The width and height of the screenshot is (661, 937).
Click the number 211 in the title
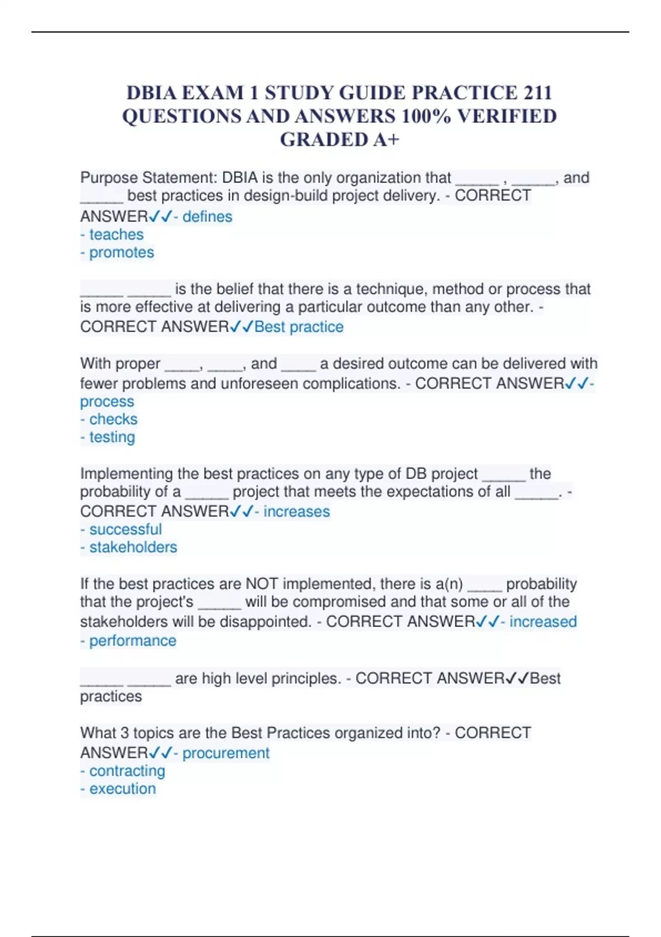pos(538,93)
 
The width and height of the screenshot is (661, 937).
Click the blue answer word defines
pos(207,217)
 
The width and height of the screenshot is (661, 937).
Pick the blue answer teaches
pos(116,235)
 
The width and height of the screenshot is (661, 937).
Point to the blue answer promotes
pos(121,252)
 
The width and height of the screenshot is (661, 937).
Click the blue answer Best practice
pos(299,327)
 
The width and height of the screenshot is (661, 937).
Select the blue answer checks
pos(113,419)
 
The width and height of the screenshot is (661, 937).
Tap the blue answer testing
pos(112,437)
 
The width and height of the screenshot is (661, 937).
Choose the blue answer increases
pos(296,511)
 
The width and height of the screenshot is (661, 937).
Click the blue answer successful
pos(125,530)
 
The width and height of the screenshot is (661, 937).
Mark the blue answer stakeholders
pos(133,547)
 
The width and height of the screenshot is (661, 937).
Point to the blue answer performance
pos(132,641)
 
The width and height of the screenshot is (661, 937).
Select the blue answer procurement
pos(225,753)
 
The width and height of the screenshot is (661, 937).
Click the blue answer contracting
pos(127,771)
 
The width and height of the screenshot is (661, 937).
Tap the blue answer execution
pos(122,789)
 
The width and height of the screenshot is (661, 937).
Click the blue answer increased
pos(543,622)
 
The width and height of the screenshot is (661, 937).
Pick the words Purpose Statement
pos(148,178)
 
